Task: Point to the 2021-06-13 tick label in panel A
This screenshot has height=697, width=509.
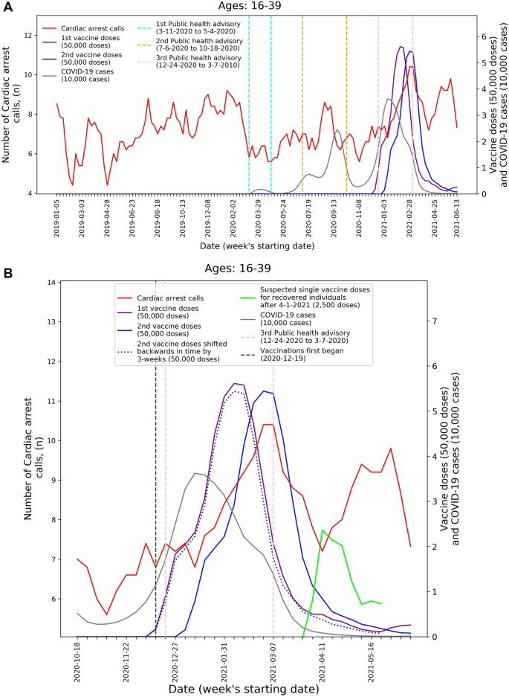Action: (456, 216)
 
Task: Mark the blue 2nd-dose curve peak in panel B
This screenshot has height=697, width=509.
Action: (263, 391)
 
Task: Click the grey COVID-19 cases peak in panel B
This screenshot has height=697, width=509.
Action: (195, 473)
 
